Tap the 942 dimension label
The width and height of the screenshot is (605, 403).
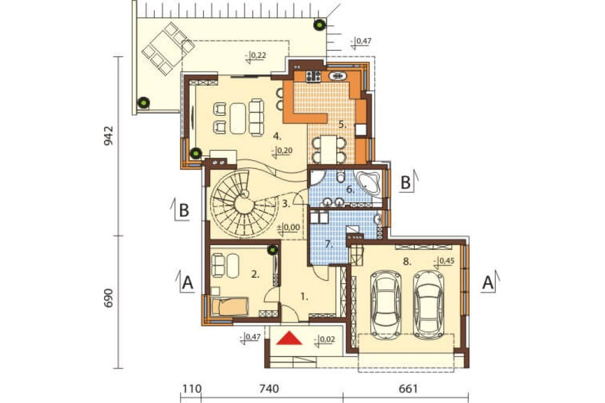[x=109, y=135]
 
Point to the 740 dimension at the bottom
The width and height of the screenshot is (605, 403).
[x=269, y=388]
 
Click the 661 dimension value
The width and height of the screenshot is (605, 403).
[x=408, y=388]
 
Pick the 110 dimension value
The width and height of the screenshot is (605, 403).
[x=192, y=388]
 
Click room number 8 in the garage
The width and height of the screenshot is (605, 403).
[x=406, y=262]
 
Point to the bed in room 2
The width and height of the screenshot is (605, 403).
[x=229, y=307]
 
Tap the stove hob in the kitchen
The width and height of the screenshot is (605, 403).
[x=313, y=76]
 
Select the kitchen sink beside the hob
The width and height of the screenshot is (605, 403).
[x=338, y=76]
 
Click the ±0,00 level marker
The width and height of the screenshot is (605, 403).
[x=288, y=228]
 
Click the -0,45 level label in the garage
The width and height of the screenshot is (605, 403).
[x=444, y=261]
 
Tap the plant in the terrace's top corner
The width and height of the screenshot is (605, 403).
[x=320, y=25]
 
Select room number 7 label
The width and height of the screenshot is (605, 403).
[x=328, y=245]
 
